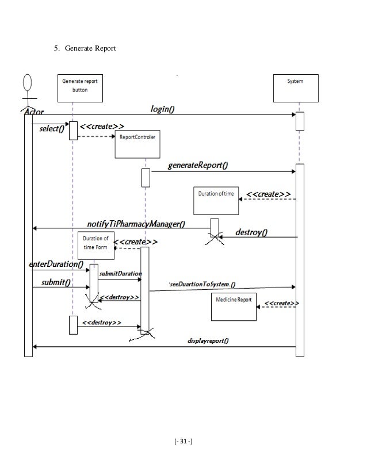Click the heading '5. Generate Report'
point(85,49)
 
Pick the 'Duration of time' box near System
point(216,199)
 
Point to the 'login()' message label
point(163,109)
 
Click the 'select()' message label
point(52,129)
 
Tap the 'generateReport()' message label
point(197,165)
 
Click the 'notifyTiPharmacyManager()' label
point(136,223)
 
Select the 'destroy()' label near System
point(252,232)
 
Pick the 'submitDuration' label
point(121,274)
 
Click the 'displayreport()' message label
point(208,340)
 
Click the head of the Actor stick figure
point(26,82)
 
